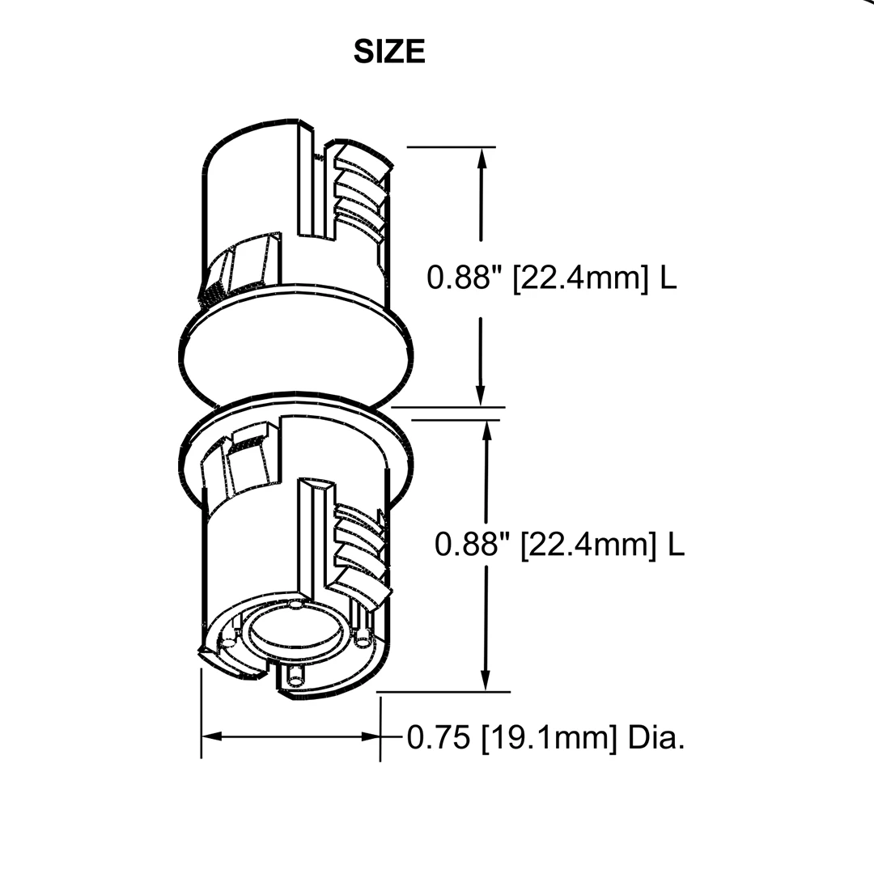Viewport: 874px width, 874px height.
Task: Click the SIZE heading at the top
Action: (x=389, y=52)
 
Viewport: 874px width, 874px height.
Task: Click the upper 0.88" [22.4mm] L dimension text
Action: (x=551, y=278)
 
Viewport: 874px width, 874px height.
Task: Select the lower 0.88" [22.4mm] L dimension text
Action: (x=559, y=544)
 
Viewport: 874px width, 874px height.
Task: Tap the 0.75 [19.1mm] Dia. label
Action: (x=545, y=738)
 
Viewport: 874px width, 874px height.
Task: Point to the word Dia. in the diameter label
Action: (x=656, y=738)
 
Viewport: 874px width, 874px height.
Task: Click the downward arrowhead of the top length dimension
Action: (x=481, y=396)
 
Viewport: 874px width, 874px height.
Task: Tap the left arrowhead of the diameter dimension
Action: (x=212, y=736)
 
